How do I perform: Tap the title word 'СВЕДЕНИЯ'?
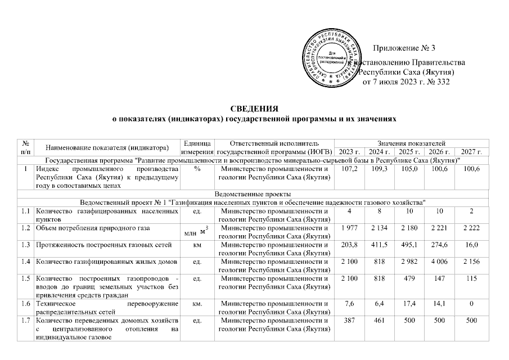254,109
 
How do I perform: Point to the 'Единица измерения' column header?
197,147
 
